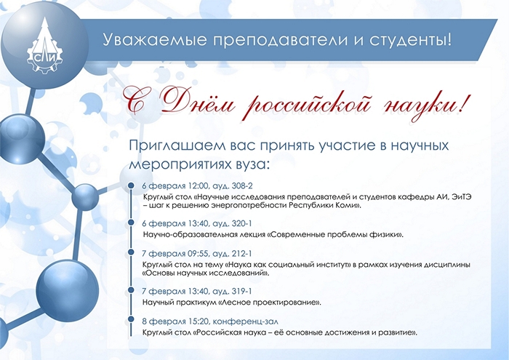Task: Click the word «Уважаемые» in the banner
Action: [155, 39]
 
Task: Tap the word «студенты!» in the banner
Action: [410, 40]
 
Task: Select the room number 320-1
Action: [242, 224]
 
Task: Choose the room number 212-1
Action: [242, 254]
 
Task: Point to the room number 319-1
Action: [242, 291]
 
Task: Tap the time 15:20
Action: [197, 321]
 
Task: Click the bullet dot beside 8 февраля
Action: [131, 319]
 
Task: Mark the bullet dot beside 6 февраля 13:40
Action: [131, 223]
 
